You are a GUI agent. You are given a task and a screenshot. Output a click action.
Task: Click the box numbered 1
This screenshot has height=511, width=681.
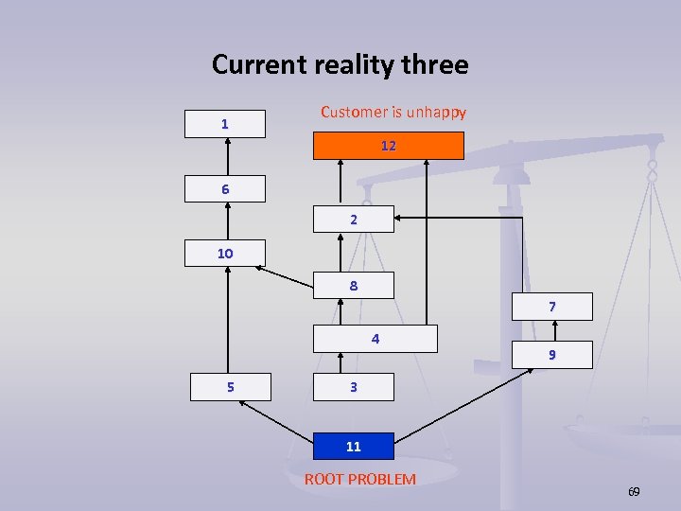pyautogui.click(x=224, y=124)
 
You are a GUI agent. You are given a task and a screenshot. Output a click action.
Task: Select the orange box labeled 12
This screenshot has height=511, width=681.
pyautogui.click(x=389, y=146)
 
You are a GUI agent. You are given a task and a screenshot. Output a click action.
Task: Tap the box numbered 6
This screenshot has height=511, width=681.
pyautogui.click(x=225, y=189)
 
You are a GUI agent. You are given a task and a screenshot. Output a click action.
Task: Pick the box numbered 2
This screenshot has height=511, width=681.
pyautogui.click(x=353, y=219)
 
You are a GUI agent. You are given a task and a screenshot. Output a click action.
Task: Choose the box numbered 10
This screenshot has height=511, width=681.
pyautogui.click(x=225, y=253)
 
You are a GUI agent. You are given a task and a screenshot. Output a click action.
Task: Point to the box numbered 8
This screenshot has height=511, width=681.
pyautogui.click(x=353, y=285)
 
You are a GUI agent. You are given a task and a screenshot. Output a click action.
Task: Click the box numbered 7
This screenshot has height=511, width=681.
pyautogui.click(x=551, y=307)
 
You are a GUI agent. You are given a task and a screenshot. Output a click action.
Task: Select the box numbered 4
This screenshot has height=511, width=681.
pyautogui.click(x=375, y=339)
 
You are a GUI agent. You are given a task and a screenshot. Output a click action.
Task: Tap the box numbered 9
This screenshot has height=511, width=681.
pyautogui.click(x=551, y=355)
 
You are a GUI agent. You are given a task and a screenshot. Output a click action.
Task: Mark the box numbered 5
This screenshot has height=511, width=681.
pyautogui.click(x=230, y=387)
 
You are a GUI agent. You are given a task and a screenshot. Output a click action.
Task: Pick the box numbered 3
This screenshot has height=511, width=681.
pyautogui.click(x=353, y=387)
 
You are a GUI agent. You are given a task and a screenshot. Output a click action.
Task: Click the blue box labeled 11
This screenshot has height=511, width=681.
pyautogui.click(x=353, y=447)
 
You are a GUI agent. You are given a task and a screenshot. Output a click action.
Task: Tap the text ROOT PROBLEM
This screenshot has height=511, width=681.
pyautogui.click(x=359, y=479)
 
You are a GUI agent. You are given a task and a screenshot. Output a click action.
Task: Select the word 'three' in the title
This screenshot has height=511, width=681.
pyautogui.click(x=435, y=64)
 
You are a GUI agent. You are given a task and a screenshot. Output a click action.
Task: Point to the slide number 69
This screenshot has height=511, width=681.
pyautogui.click(x=634, y=492)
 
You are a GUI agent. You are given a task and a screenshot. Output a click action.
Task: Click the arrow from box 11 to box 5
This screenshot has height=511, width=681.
pyautogui.click(x=275, y=417)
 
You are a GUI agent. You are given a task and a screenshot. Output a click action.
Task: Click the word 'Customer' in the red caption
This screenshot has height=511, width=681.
pyautogui.click(x=353, y=112)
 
